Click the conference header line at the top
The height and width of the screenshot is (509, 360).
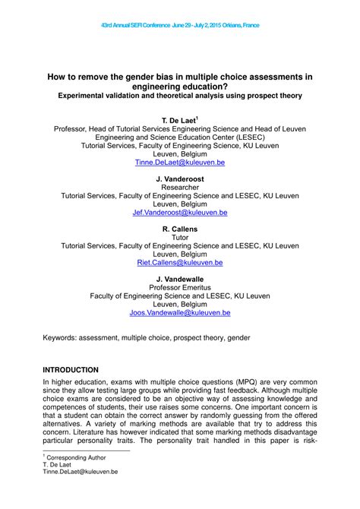click(179, 25)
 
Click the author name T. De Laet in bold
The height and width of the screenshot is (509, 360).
click(178, 121)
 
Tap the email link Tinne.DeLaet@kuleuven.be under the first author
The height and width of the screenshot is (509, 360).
click(180, 163)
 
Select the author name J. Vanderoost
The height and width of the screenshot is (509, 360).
click(180, 179)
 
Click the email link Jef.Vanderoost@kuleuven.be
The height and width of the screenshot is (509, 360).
click(180, 213)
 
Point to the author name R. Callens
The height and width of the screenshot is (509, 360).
click(180, 229)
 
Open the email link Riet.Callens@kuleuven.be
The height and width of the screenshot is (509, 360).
click(180, 262)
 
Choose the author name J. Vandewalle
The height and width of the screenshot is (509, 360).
click(180, 279)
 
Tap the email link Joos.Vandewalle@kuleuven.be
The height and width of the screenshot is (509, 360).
click(180, 312)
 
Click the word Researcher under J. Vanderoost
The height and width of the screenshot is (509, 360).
click(180, 188)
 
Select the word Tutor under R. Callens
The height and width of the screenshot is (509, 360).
click(180, 237)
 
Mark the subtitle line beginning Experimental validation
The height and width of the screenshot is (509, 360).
click(180, 96)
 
